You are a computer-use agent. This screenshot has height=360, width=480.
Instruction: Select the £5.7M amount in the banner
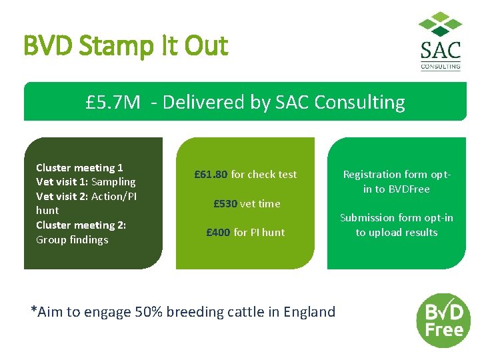click(113, 102)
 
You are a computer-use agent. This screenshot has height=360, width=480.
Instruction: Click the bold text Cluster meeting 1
click(79, 168)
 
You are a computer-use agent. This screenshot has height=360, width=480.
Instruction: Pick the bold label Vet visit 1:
click(62, 182)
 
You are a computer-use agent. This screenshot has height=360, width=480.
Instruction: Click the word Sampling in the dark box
click(113, 182)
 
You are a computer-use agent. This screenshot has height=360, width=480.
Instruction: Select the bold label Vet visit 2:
click(62, 196)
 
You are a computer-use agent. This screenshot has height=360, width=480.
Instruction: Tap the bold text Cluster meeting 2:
click(81, 225)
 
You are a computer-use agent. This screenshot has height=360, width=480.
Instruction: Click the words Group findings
click(72, 240)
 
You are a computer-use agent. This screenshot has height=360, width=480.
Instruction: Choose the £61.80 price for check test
click(211, 175)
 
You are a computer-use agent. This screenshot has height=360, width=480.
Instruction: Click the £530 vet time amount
click(225, 204)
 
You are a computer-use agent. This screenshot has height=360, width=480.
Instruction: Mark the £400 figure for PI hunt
click(218, 233)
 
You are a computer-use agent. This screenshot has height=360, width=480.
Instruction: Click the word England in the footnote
click(309, 311)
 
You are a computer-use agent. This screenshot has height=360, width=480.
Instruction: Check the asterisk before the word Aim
click(34, 309)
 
